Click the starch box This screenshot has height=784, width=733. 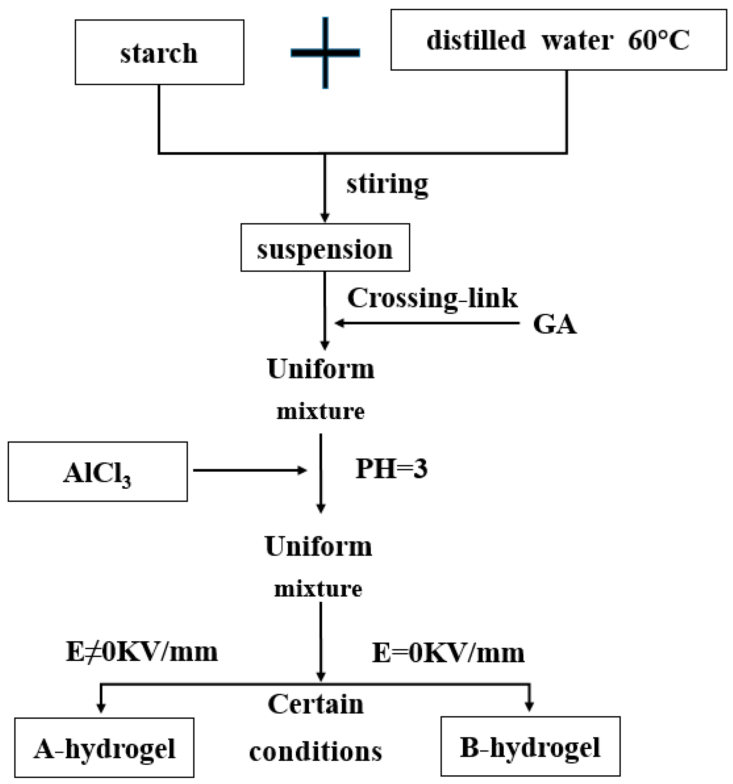click(159, 52)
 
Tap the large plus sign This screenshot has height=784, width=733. click(325, 52)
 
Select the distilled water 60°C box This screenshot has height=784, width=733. click(558, 40)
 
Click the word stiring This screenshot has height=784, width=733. click(387, 184)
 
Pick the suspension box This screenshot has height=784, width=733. click(325, 248)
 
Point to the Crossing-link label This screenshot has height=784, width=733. click(432, 298)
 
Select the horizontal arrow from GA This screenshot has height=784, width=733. click(426, 323)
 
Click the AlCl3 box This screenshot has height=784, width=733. click(97, 472)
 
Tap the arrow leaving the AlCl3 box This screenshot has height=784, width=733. click(249, 470)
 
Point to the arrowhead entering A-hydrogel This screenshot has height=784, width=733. click(101, 708)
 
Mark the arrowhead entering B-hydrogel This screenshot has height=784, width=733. click(529, 707)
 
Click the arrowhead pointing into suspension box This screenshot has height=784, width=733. click(325, 218)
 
